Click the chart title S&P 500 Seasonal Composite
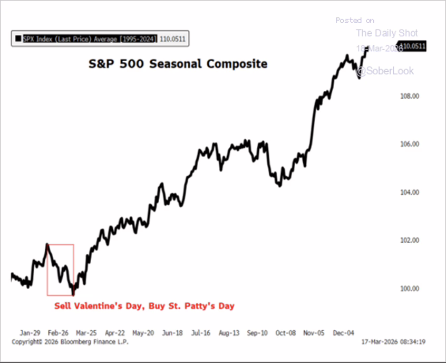(177, 64)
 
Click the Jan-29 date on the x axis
(30, 333)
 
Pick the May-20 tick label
(144, 333)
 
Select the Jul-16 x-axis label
(201, 333)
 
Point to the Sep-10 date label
(258, 333)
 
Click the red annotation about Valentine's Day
(144, 306)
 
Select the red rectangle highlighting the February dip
(60, 270)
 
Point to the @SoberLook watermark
(385, 71)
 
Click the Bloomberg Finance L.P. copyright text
(70, 342)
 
